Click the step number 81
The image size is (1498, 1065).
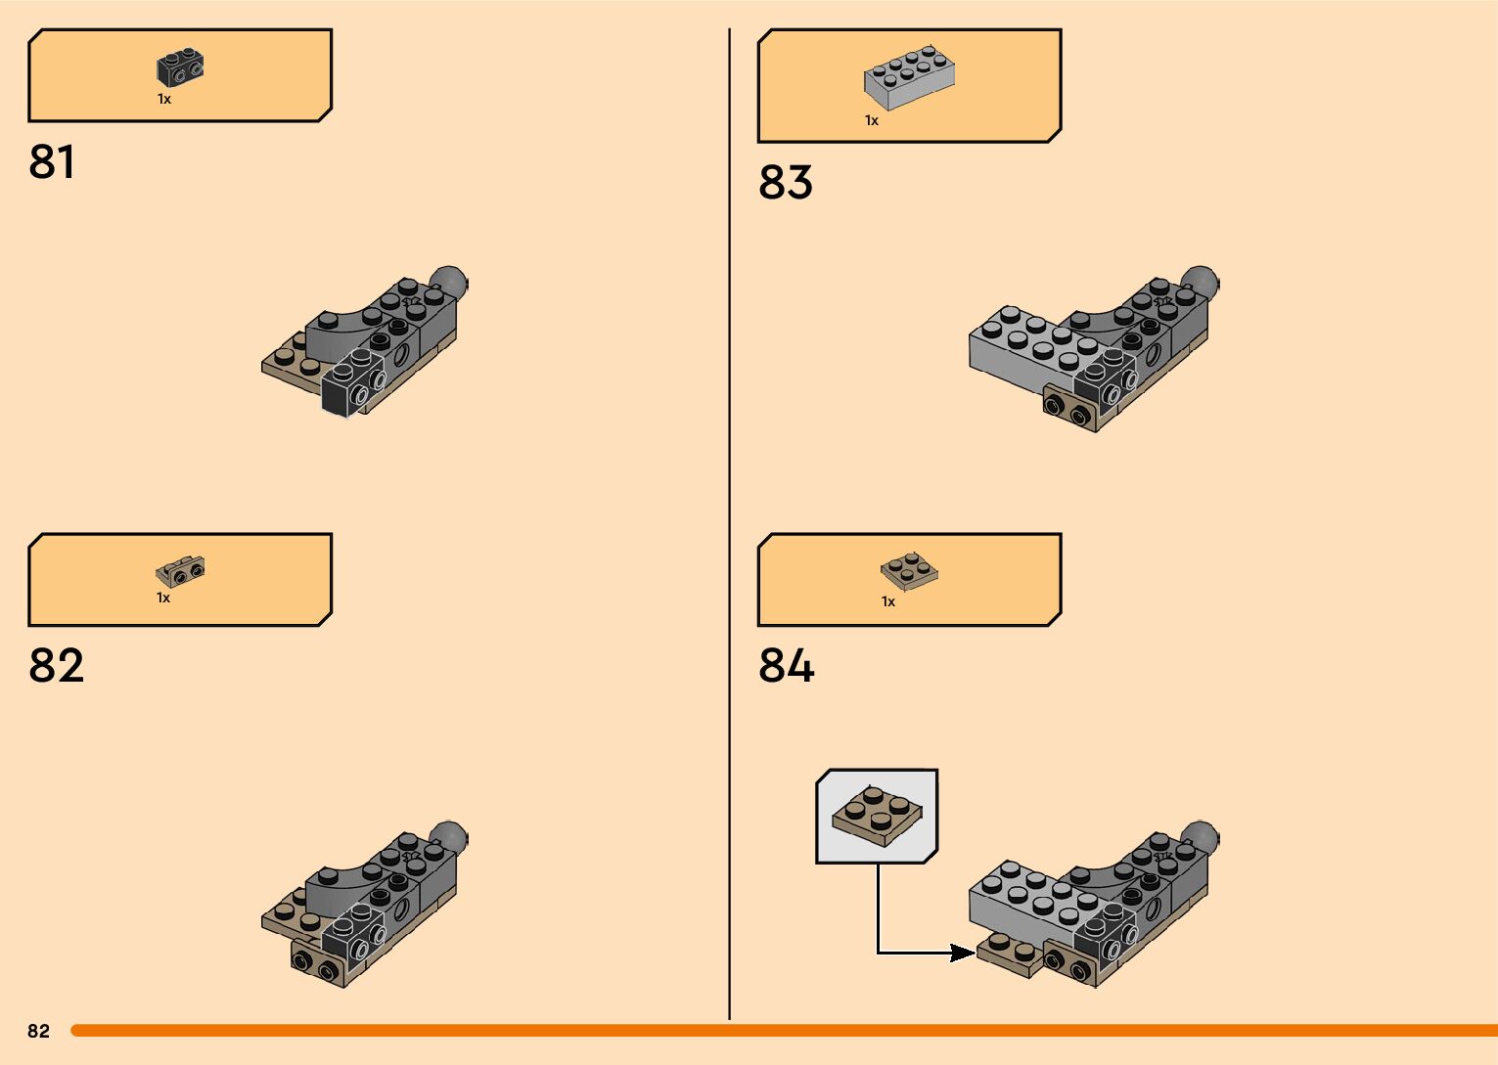[x=52, y=162]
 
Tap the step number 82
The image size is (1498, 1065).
[x=56, y=666]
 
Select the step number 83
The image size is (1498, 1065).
[x=785, y=183]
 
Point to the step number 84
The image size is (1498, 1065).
[x=786, y=666]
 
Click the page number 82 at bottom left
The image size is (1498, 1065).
[x=38, y=1031]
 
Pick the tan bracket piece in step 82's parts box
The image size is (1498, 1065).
[x=180, y=571]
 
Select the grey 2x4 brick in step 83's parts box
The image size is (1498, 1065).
[x=909, y=75]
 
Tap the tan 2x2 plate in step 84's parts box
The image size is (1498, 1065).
[x=909, y=571]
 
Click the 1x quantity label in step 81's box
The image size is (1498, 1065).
[x=164, y=99]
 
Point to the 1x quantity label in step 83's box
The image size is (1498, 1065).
[x=872, y=120]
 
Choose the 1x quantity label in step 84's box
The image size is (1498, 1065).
[x=888, y=601]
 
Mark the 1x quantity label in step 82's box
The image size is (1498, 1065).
[x=163, y=598]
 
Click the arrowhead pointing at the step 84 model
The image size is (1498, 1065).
[x=963, y=953]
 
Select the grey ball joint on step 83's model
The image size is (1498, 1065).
[x=1201, y=283]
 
